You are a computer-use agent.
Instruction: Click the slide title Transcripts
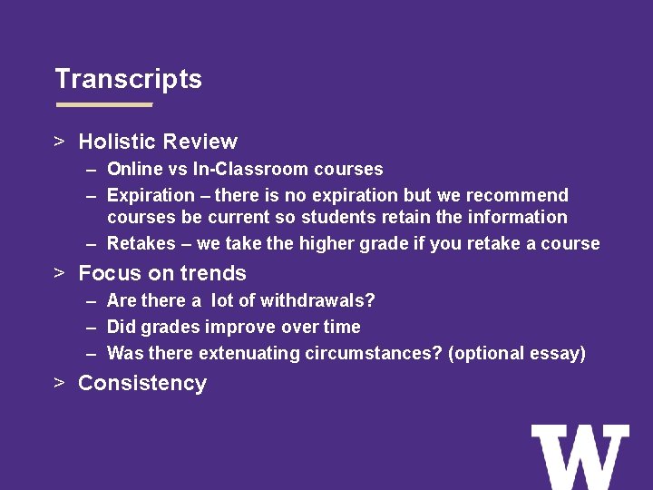[x=128, y=79]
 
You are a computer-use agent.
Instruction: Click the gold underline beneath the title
[x=104, y=105]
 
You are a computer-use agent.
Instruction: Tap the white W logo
[x=580, y=456]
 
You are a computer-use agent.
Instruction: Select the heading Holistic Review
[x=158, y=142]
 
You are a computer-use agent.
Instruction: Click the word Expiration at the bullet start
[x=151, y=195]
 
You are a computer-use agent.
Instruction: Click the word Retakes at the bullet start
[x=141, y=243]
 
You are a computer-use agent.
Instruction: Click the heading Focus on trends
[x=162, y=273]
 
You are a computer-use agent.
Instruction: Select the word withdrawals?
[x=318, y=300]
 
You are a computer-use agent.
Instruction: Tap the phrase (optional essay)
[x=517, y=353]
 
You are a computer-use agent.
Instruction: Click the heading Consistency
[x=142, y=383]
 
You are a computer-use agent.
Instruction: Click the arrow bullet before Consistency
[x=59, y=383]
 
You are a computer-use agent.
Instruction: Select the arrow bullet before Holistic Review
[x=59, y=142]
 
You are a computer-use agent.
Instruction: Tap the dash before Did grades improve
[x=93, y=327]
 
